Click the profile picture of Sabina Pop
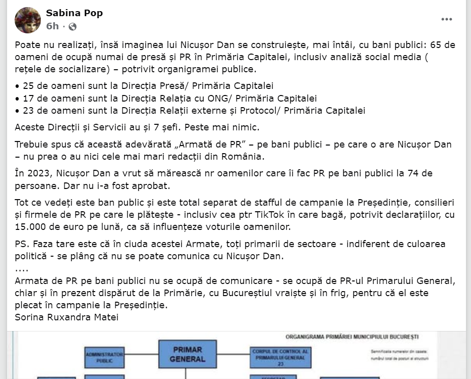coord(28,20)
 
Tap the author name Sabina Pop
coord(74,13)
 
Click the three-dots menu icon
coord(447,20)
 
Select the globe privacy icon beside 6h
coord(73,26)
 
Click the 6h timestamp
coord(52,26)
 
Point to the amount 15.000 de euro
coord(50,227)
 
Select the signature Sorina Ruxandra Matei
coord(67,317)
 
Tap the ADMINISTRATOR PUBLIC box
coord(104,357)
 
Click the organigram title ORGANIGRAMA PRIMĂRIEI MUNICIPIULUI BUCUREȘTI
coord(352,337)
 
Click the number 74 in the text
coord(427,174)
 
